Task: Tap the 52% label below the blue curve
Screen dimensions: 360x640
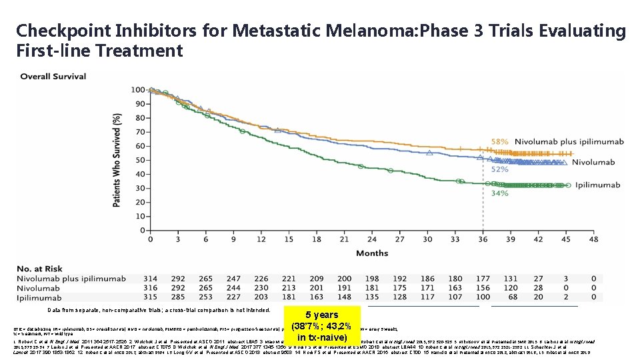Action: click(x=499, y=169)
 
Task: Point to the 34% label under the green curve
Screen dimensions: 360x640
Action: click(x=499, y=193)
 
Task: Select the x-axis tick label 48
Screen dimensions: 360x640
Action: click(x=593, y=239)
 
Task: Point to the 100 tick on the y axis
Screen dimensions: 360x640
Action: click(x=137, y=89)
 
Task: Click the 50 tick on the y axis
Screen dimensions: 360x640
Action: click(x=139, y=160)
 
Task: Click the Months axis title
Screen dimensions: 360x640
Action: click(x=372, y=253)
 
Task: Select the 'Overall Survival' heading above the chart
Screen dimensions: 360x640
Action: click(x=53, y=77)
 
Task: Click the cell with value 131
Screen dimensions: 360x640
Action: click(x=510, y=279)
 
